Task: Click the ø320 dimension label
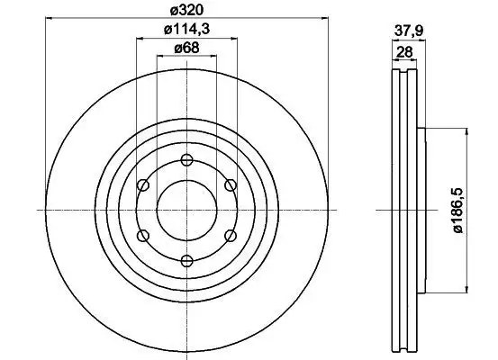186,10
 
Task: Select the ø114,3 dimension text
186,30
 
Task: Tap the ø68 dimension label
186,48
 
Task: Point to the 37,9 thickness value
409,31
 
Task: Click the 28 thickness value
404,51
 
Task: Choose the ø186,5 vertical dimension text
458,211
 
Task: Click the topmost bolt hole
186,159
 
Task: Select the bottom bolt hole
186,261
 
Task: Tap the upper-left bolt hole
143,184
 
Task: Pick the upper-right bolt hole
231,184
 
